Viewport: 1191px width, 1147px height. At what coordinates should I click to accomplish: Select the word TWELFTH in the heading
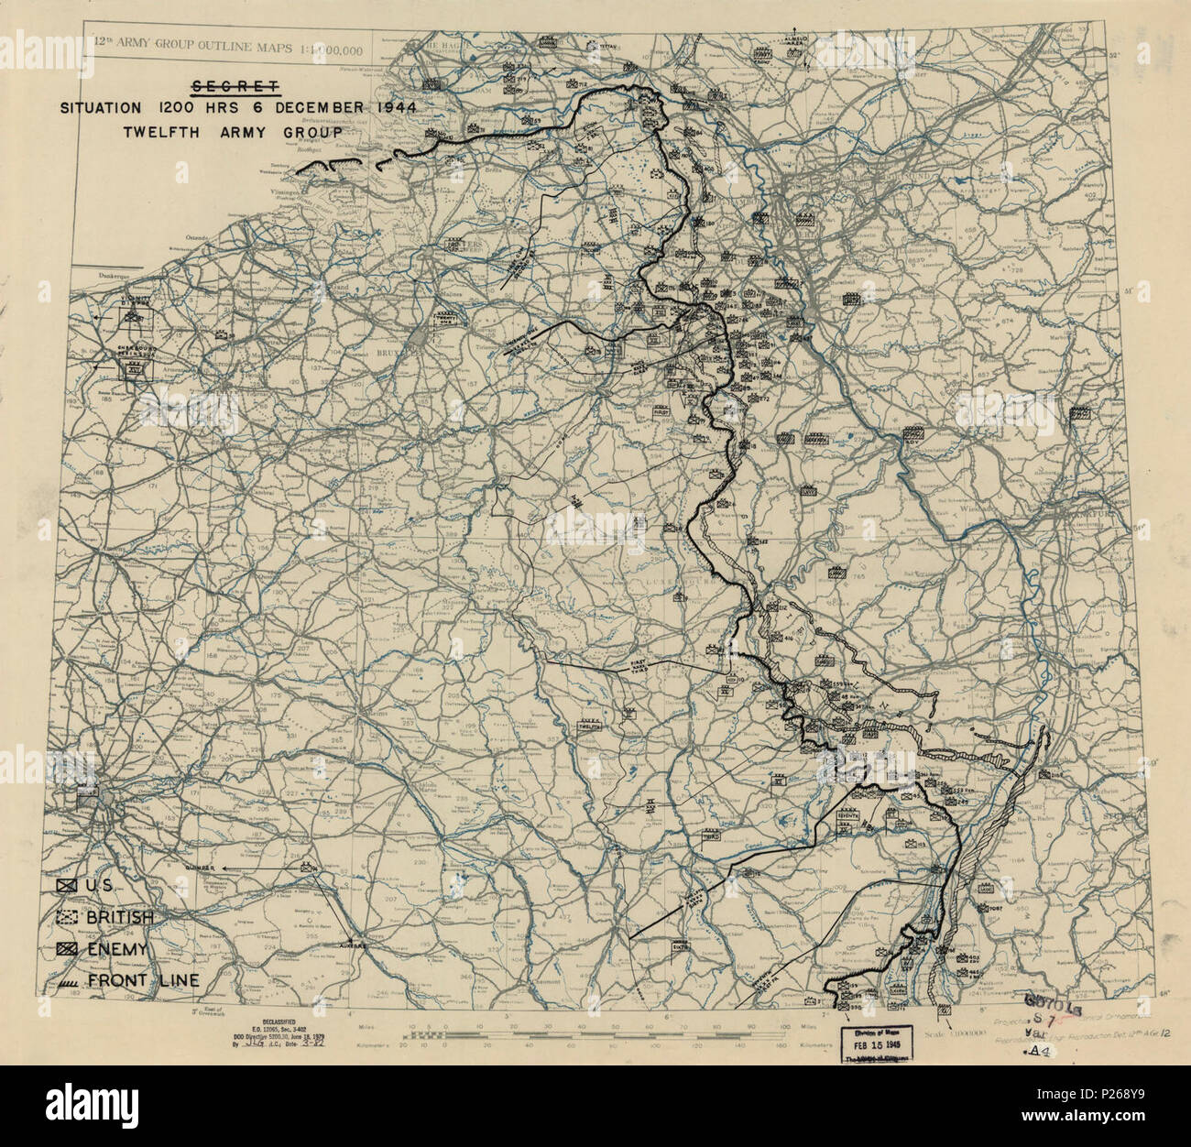[x=162, y=131]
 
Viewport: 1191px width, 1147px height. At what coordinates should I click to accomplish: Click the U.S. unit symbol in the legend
[x=65, y=886]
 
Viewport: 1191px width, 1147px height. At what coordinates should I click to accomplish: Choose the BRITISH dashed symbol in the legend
[x=65, y=917]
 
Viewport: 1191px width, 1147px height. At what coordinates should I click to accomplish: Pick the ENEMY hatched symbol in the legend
[x=65, y=948]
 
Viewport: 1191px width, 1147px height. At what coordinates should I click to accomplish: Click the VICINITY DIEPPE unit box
[x=135, y=311]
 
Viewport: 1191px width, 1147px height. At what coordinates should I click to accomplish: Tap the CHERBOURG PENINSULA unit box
[x=135, y=366]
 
